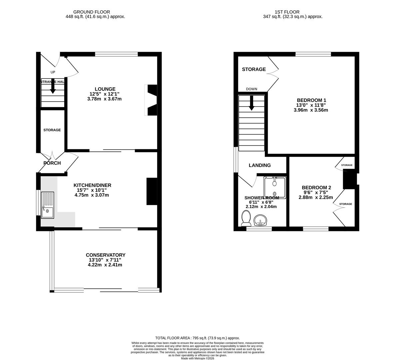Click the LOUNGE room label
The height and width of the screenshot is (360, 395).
click(105, 89)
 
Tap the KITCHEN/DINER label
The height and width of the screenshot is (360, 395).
click(92, 185)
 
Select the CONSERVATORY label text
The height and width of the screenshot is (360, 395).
click(105, 255)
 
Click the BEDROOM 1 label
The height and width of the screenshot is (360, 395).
click(311, 100)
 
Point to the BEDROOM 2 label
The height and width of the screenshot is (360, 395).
click(316, 187)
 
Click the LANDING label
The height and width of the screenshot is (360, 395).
click(260, 165)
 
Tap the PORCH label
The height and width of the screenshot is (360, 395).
click(52, 163)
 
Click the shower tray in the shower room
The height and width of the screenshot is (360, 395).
click(275, 188)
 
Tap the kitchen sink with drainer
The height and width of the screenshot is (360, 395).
click(47, 205)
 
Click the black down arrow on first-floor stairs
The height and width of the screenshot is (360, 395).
click(251, 103)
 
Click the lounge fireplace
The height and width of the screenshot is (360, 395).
click(151, 100)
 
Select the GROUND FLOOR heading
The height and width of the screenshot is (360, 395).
click(92, 12)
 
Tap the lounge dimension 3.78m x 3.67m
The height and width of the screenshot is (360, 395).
click(105, 99)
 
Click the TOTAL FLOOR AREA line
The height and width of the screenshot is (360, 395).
click(197, 338)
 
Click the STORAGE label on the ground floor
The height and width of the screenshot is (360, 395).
click(52, 130)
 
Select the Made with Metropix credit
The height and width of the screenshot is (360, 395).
click(197, 358)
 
